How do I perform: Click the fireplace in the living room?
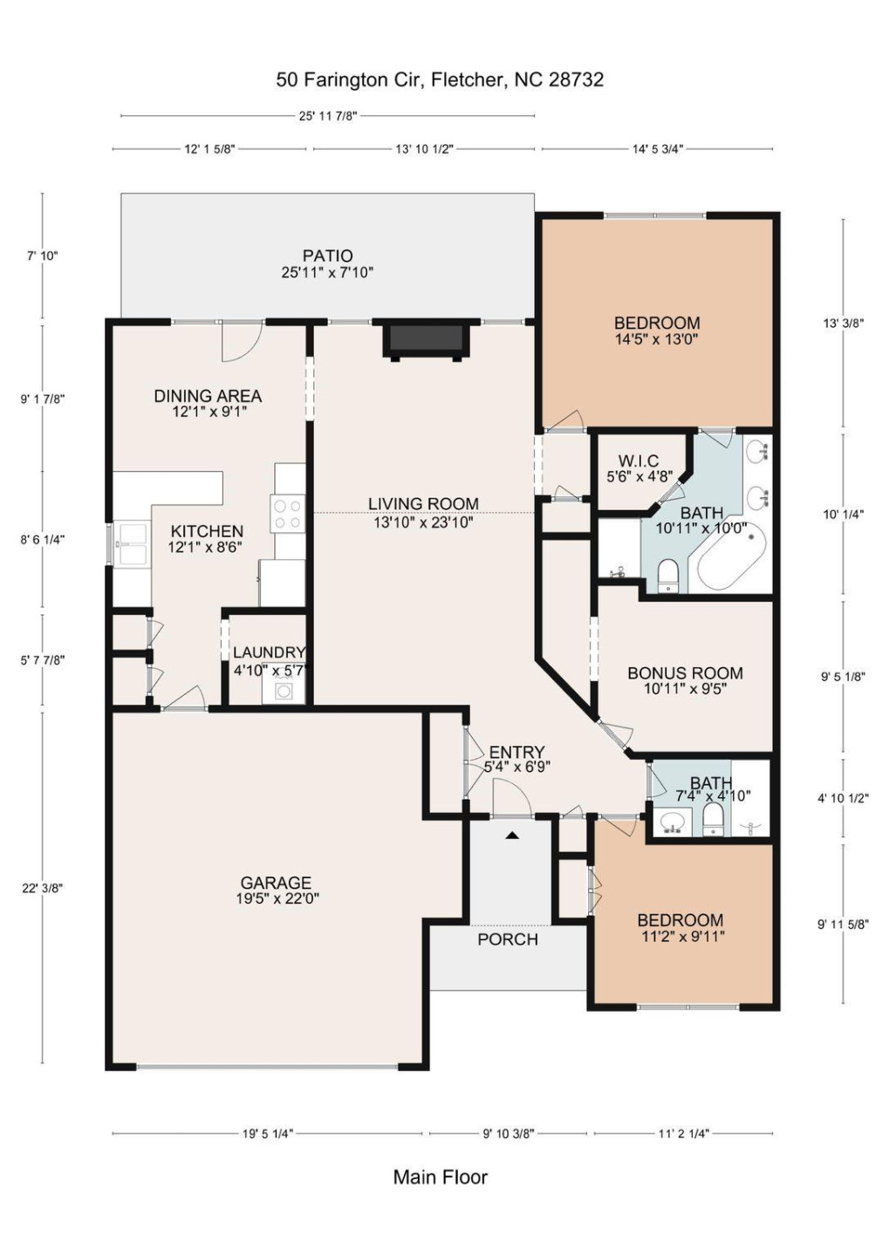point(425,339)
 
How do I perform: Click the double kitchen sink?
point(132,544)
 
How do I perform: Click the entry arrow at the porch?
point(513,835)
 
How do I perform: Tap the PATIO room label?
point(327,256)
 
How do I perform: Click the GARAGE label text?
point(276,883)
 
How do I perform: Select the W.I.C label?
point(639,461)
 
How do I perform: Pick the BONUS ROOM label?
point(685,672)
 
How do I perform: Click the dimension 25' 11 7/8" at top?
point(327,116)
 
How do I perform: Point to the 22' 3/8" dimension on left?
point(42,888)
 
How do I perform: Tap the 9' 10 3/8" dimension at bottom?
point(508,1134)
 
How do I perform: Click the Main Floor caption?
point(440,1177)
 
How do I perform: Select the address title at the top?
point(440,79)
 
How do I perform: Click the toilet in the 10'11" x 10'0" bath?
point(668,574)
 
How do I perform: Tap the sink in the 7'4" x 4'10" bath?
point(672,822)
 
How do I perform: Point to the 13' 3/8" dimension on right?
point(843,323)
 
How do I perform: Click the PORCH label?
point(507,939)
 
